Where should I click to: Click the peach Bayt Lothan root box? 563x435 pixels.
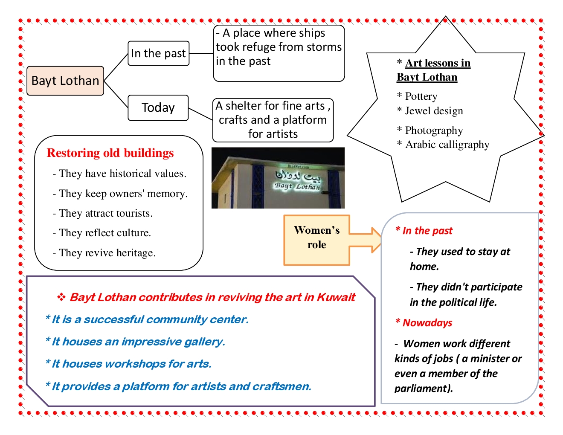tap(65, 81)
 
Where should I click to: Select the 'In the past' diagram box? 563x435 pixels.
tap(159, 53)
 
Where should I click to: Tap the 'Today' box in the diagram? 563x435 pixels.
tap(158, 108)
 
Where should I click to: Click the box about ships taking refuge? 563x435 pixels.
tap(279, 53)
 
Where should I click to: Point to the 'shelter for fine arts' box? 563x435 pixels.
tap(273, 120)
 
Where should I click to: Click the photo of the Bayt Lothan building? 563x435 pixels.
tap(278, 178)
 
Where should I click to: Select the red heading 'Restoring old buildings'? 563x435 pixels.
tap(110, 153)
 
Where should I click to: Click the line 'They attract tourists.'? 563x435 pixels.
tap(103, 213)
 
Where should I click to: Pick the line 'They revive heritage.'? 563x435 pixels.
tap(104, 253)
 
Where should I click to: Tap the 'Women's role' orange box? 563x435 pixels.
tap(316, 240)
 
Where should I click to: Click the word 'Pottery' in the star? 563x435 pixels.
tap(421, 96)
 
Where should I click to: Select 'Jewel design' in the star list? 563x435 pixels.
tap(434, 111)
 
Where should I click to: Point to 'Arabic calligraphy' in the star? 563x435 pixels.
tap(447, 145)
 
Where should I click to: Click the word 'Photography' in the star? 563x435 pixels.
tap(434, 130)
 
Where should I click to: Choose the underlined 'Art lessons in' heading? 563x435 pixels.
tap(438, 63)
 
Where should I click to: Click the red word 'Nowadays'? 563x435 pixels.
tap(427, 323)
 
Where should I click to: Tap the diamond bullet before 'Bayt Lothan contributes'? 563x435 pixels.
tap(61, 297)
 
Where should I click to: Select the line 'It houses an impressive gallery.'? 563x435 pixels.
tap(138, 342)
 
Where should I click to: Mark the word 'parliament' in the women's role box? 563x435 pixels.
tap(422, 389)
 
